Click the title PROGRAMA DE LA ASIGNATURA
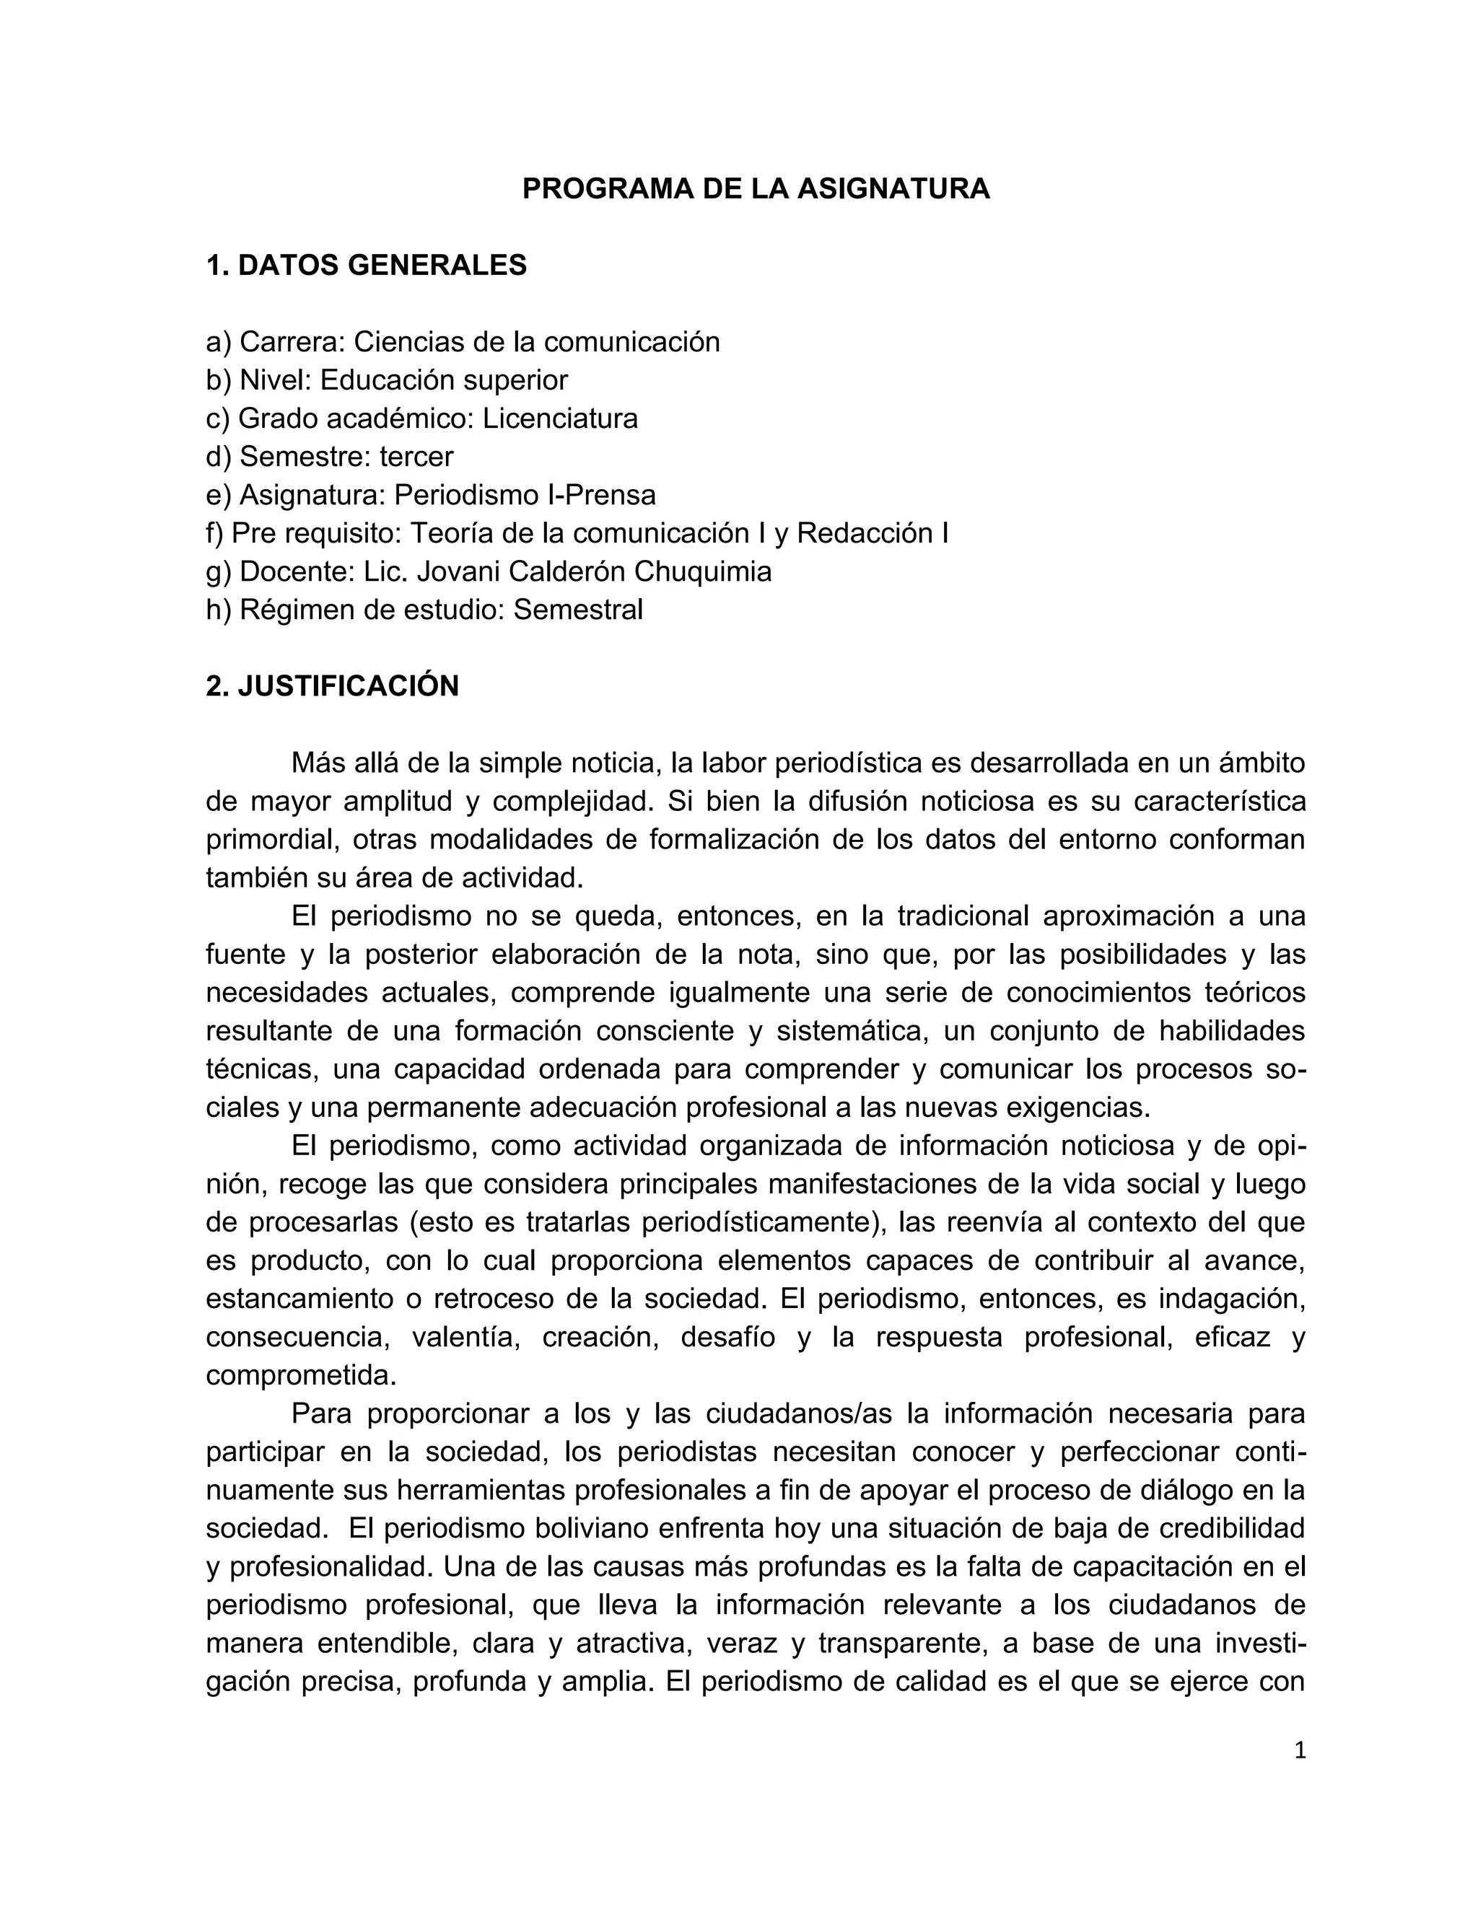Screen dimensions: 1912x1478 pos(756,189)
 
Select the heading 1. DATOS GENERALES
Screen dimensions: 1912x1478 pos(366,266)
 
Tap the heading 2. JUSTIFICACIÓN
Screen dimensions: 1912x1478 pos(332,686)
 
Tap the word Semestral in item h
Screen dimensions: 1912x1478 pos(578,610)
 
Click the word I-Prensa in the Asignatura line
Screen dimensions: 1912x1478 pos(600,496)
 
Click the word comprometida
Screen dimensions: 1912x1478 pos(301,1375)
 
